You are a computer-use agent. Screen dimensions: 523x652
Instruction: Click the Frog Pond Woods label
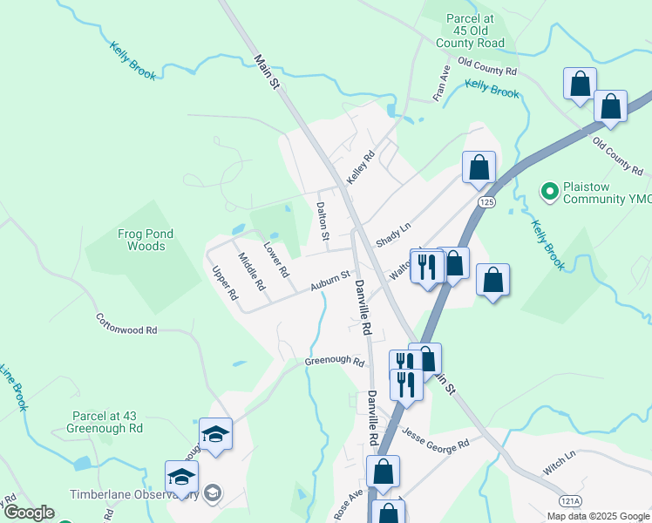[x=146, y=240]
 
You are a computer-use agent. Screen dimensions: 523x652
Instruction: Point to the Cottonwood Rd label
[x=127, y=324]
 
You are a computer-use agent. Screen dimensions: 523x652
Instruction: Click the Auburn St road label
[x=329, y=281]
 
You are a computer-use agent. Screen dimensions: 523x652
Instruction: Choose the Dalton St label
[x=323, y=221]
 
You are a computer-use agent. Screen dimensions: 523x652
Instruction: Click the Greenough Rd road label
[x=334, y=361]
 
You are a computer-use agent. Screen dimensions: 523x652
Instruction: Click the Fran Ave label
[x=442, y=82]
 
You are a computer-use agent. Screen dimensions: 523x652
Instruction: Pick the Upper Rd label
[x=225, y=283]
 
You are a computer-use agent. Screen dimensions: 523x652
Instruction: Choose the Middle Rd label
[x=252, y=271]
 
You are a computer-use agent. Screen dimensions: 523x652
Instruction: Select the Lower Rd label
[x=276, y=260]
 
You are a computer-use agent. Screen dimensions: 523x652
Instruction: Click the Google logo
[x=28, y=513]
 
